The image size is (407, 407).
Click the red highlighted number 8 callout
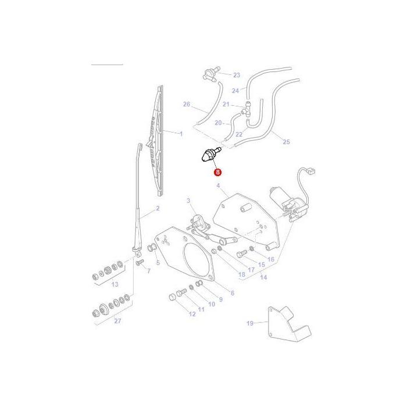217,172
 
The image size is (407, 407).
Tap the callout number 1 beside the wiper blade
181,134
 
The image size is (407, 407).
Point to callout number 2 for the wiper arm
157,208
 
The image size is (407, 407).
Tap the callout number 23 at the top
236,75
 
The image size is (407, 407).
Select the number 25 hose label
285,141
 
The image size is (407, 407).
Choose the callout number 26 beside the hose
186,105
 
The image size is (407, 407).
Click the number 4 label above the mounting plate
218,186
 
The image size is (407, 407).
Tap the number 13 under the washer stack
115,284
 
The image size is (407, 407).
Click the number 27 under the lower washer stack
118,321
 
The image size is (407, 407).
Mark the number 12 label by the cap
192,315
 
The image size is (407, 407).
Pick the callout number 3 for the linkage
188,201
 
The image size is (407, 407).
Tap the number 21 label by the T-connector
226,105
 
